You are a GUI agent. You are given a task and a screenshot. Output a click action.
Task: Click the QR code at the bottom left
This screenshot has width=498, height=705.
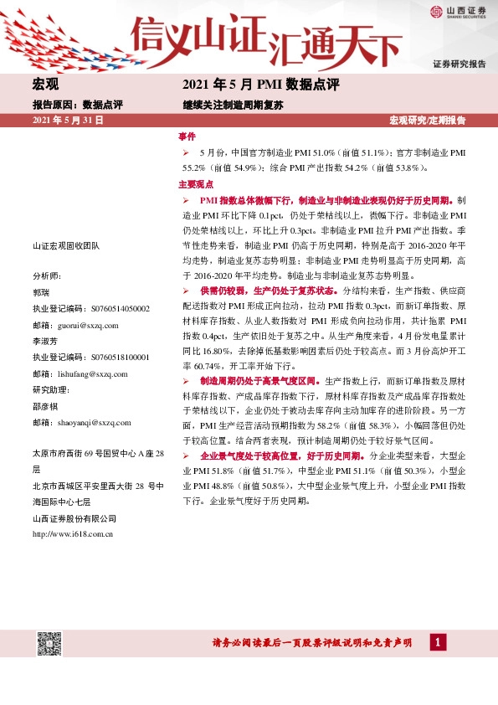click(49, 646)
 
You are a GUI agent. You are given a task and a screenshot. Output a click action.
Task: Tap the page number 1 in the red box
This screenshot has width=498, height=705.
click(438, 642)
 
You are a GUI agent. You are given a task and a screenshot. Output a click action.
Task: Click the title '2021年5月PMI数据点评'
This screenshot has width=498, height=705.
click(260, 85)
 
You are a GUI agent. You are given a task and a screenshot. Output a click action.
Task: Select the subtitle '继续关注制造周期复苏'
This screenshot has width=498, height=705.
click(234, 105)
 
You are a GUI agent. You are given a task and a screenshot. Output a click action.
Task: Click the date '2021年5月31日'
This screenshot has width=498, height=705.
click(68, 121)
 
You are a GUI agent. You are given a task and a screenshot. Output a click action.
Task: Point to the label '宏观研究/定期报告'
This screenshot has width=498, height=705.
click(428, 121)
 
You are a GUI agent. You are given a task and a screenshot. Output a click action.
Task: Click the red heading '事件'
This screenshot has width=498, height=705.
click(187, 136)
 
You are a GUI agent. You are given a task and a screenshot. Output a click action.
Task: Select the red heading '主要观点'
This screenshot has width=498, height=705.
click(194, 183)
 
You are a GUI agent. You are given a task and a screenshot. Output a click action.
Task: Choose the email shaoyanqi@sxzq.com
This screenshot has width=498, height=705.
click(92, 423)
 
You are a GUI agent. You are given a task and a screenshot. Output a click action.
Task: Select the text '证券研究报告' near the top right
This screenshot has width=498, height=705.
click(459, 64)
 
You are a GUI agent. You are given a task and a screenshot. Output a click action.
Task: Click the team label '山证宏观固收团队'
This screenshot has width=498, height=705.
click(65, 245)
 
